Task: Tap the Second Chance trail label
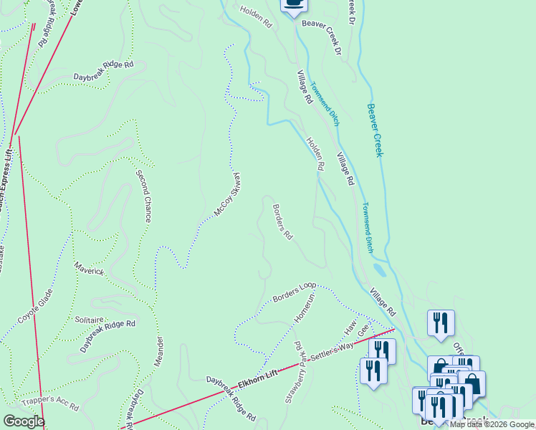pos(143,195)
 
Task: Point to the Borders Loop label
pos(294,292)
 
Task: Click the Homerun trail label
pos(304,307)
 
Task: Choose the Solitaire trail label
pos(90,319)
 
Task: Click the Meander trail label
pos(158,351)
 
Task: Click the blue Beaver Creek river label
pos(375,130)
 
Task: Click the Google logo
pos(24,421)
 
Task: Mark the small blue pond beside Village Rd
pos(380,271)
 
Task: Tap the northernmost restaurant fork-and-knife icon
pos(441,323)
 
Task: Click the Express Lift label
pos(5,179)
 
